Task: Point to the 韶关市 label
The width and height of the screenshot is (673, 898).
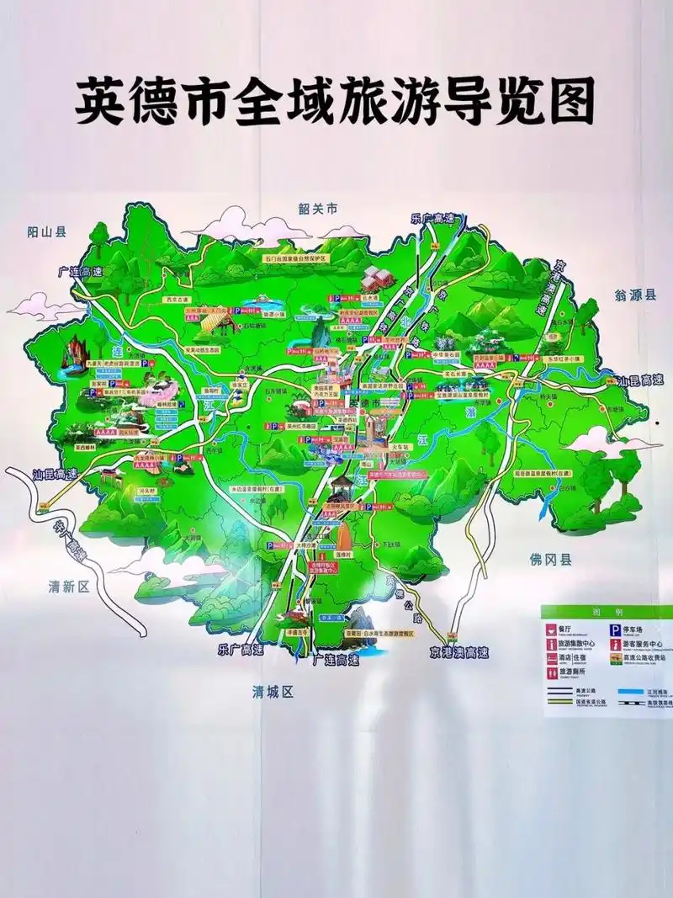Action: point(317,208)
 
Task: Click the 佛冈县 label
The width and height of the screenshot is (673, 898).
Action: point(550,559)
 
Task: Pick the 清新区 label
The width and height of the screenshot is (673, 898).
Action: point(68,587)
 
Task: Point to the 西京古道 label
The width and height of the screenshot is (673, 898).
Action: point(178,299)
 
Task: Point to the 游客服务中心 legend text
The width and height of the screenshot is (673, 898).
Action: point(643,645)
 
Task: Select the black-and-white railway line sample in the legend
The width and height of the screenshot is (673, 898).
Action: point(628,703)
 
